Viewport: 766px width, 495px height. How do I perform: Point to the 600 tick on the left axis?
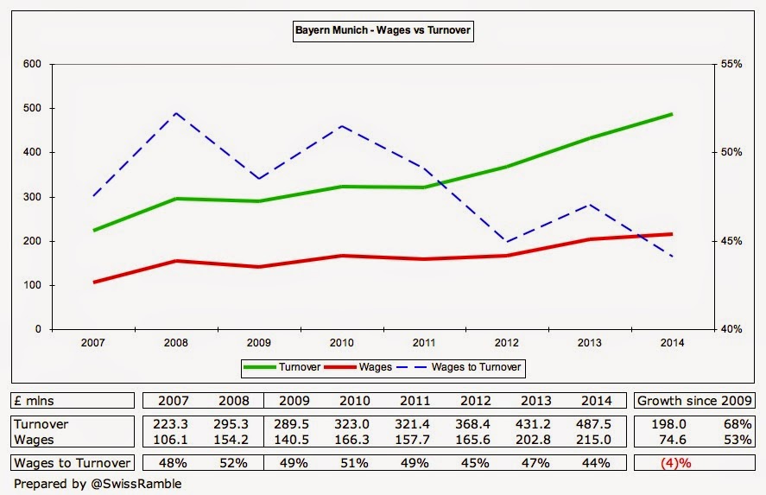coord(33,64)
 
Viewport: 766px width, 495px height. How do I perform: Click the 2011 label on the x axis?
coord(423,343)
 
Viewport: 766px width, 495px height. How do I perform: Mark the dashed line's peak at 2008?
coord(175,113)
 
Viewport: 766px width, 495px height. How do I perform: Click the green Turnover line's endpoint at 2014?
coord(671,114)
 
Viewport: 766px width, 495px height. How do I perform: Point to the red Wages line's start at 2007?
coord(93,282)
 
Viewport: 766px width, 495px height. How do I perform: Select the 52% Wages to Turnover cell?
coord(234,463)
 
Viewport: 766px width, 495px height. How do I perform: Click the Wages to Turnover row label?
coord(73,463)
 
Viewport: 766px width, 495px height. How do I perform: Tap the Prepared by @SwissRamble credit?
coord(98,484)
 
